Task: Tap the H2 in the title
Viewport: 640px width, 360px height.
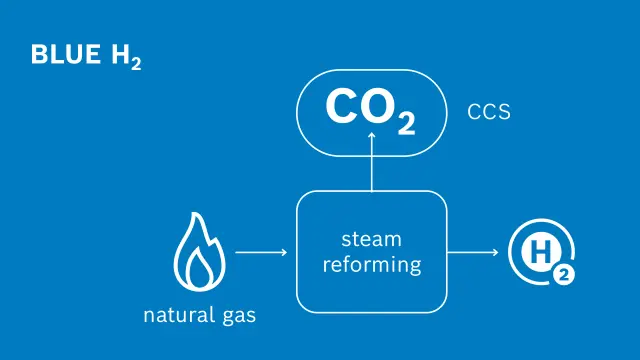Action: pos(125,56)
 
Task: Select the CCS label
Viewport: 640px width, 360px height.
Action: pos(489,112)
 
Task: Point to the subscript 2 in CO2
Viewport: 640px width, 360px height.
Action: pos(406,123)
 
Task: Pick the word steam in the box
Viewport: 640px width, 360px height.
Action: pos(371,239)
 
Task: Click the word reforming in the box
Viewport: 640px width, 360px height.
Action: pos(371,264)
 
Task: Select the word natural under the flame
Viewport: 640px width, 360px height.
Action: pos(175,316)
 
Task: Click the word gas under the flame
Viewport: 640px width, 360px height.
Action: pos(237,318)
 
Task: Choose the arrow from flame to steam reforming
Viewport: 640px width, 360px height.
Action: pos(261,252)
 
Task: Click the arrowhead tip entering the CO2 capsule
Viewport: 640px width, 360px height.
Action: pos(371,133)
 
